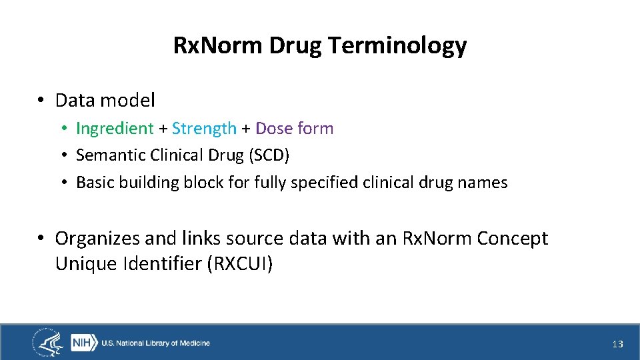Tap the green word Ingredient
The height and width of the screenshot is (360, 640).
(x=115, y=128)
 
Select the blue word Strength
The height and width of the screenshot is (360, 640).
(x=204, y=128)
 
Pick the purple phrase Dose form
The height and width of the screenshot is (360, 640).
(x=294, y=128)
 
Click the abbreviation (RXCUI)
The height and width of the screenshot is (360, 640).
(x=240, y=264)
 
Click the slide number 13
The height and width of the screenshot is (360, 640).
(x=617, y=344)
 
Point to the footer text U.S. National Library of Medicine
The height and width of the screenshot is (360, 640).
(x=155, y=343)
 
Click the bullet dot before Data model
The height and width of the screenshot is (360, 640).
(x=41, y=101)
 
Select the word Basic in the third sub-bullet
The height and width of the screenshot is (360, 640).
(x=95, y=183)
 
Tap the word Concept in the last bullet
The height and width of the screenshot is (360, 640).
(x=512, y=238)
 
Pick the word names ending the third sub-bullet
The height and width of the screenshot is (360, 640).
(x=483, y=183)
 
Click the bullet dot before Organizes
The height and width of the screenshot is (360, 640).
(x=41, y=238)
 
